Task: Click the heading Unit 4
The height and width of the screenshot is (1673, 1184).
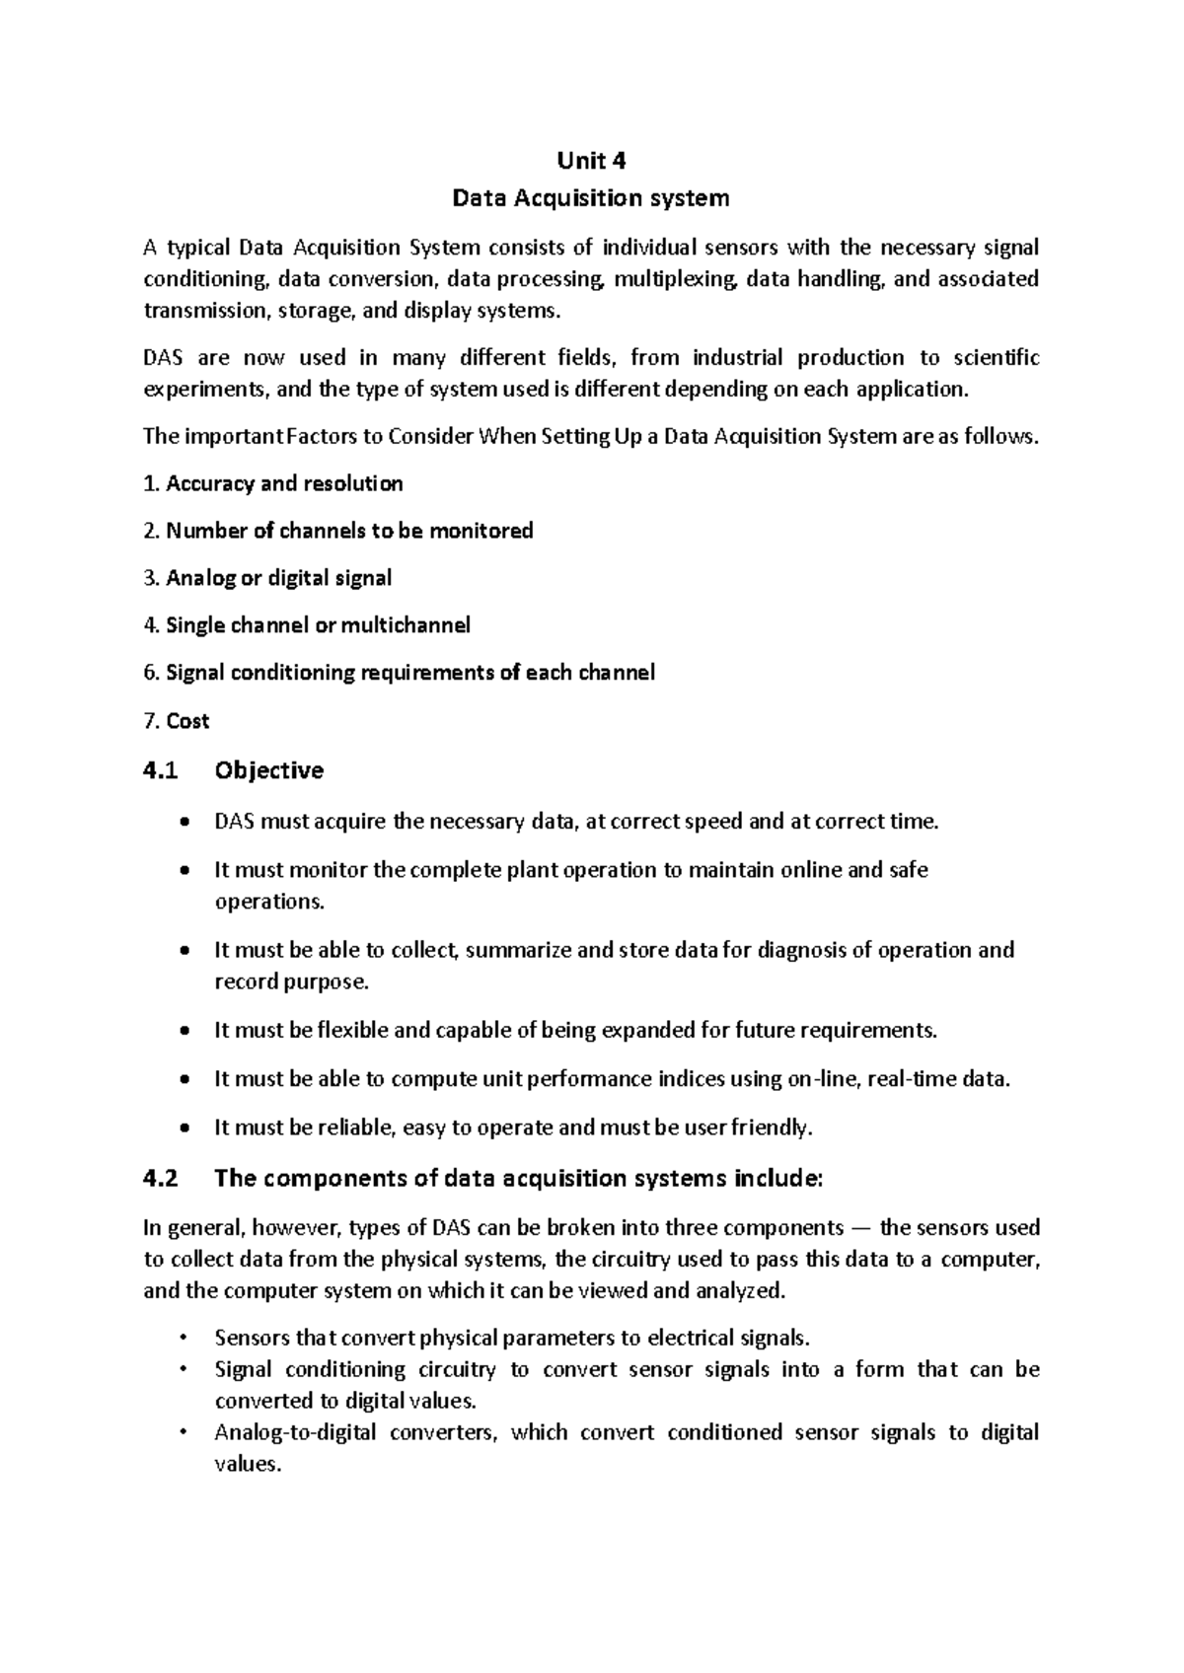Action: (x=591, y=160)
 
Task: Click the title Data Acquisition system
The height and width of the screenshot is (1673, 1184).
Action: (x=590, y=198)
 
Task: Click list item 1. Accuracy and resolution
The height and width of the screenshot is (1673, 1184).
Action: (x=273, y=483)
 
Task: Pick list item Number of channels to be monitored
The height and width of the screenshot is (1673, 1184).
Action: (x=338, y=531)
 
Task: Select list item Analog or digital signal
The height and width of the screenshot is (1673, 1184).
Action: (x=267, y=578)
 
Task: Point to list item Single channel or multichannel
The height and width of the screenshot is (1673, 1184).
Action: (x=307, y=625)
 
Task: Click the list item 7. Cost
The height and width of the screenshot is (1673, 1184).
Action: (x=177, y=721)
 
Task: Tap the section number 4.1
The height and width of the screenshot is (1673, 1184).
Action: (x=161, y=770)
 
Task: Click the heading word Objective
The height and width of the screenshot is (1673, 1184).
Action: (x=268, y=770)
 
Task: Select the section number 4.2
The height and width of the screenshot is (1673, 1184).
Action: (x=161, y=1179)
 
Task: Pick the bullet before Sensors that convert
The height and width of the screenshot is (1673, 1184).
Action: (x=184, y=1338)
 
